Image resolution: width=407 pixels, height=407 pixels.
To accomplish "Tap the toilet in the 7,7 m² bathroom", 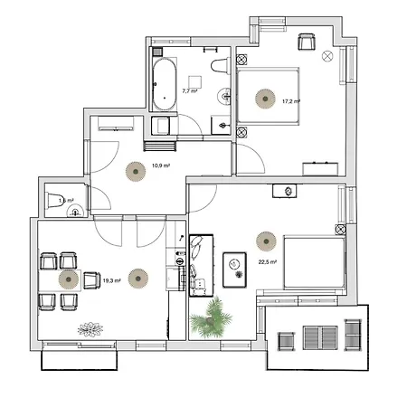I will pos(217,65).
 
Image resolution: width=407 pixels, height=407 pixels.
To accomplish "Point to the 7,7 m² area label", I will pos(190,91).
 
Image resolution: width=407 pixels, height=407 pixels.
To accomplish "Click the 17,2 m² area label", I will pos(289,101).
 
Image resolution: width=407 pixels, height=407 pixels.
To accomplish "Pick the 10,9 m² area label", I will pos(161,166).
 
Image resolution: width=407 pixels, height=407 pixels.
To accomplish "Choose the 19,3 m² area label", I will pos(111,280).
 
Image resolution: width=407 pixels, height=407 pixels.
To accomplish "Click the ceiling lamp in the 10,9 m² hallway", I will pos(135,170).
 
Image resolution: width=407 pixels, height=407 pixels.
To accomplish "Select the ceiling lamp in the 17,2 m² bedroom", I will pos(263,98).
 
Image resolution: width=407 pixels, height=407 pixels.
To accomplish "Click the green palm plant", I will pos(214,318).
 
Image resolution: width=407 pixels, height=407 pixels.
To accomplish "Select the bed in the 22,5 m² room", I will pos(314,262).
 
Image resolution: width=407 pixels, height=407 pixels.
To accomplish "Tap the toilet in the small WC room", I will pos(53,206).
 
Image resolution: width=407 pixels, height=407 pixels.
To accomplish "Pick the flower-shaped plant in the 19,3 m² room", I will pos(90,328).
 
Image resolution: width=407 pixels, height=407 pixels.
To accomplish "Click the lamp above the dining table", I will pos(69,279).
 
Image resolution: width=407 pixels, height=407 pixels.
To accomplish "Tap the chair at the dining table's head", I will pos(90,280).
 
